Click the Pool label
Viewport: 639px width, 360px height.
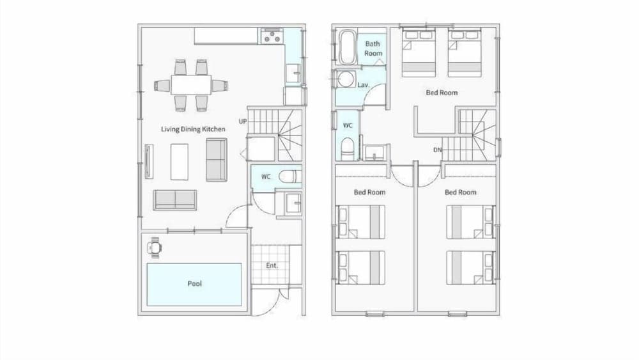pyautogui.click(x=195, y=283)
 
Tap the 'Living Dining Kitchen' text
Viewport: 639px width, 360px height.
pyautogui.click(x=193, y=129)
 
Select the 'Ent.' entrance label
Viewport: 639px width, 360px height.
pyautogui.click(x=272, y=265)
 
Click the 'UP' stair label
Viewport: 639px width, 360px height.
pyautogui.click(x=243, y=121)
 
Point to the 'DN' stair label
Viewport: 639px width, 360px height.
pyautogui.click(x=438, y=150)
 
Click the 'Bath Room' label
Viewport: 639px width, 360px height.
pyautogui.click(x=373, y=49)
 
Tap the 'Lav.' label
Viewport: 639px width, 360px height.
pyautogui.click(x=364, y=84)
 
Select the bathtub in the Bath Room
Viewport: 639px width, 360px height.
pyautogui.click(x=348, y=48)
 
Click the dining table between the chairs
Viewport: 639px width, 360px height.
pyautogui.click(x=191, y=84)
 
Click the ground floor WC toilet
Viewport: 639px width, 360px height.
pyautogui.click(x=289, y=176)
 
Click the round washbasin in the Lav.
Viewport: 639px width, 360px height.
pyautogui.click(x=346, y=79)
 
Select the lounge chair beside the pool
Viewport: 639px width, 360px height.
pyautogui.click(x=155, y=246)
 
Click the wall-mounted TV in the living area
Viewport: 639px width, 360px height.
pyautogui.click(x=149, y=161)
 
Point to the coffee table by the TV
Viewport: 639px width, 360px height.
pyautogui.click(x=180, y=161)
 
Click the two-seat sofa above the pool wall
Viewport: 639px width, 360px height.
pyautogui.click(x=174, y=200)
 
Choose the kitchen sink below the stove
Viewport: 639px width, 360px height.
pyautogui.click(x=293, y=72)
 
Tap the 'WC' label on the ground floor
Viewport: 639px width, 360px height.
pyautogui.click(x=266, y=176)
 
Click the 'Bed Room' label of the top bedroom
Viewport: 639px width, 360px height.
pyautogui.click(x=442, y=93)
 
